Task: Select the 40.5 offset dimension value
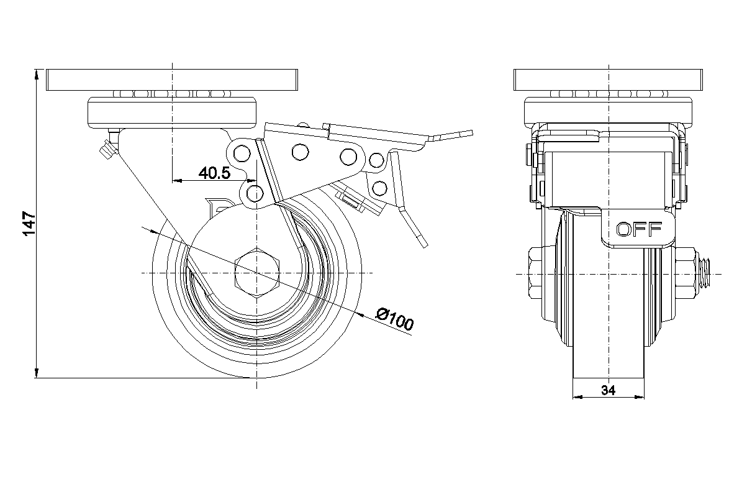pos(214,173)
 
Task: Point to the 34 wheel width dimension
pos(608,390)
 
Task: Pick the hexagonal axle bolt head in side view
pos(258,273)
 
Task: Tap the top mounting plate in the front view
pos(609,80)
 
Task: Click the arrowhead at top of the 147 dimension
pos(37,75)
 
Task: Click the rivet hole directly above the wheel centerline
pos(253,193)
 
